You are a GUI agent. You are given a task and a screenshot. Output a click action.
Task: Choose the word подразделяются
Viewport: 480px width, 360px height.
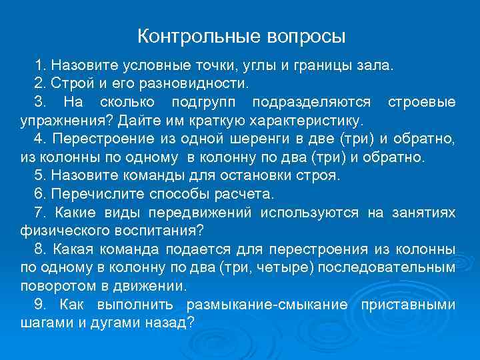coord(312,103)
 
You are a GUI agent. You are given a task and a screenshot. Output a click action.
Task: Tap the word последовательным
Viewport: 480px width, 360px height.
coord(397,267)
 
